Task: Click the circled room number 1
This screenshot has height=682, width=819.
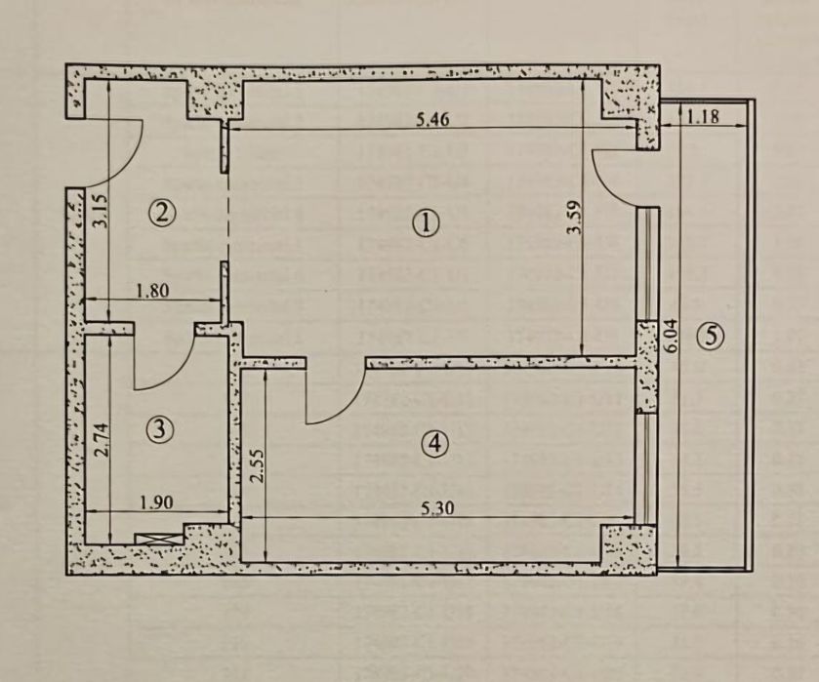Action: (425, 223)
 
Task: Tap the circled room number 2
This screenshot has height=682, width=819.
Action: (162, 212)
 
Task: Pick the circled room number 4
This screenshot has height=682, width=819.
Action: (434, 443)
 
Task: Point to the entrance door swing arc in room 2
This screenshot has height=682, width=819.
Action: (122, 151)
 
